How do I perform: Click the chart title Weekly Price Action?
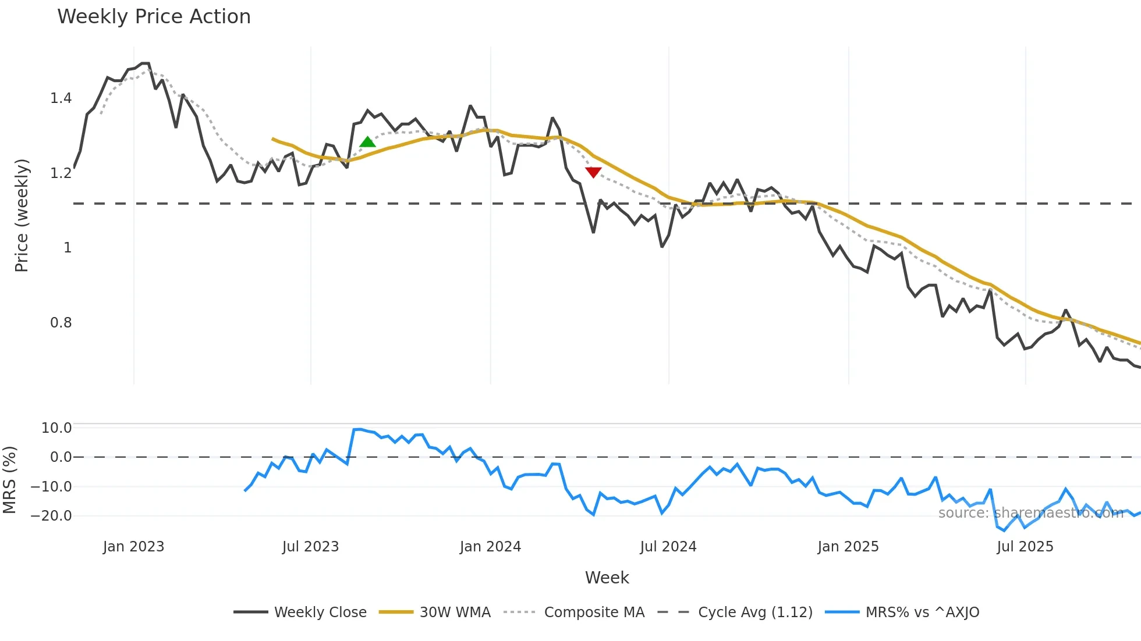click(154, 17)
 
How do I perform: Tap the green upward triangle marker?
click(367, 142)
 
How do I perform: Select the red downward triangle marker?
click(593, 172)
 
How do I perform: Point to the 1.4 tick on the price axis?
click(61, 98)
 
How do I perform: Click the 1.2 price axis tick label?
click(61, 173)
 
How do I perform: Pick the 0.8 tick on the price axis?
click(61, 323)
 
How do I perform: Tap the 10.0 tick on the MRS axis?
click(56, 428)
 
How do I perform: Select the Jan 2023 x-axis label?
click(133, 547)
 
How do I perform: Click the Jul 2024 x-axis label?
click(668, 547)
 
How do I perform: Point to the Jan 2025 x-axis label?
click(848, 547)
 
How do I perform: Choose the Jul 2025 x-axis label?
click(1025, 547)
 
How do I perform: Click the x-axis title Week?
click(607, 578)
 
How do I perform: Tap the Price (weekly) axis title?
click(22, 215)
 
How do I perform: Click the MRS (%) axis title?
click(9, 480)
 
